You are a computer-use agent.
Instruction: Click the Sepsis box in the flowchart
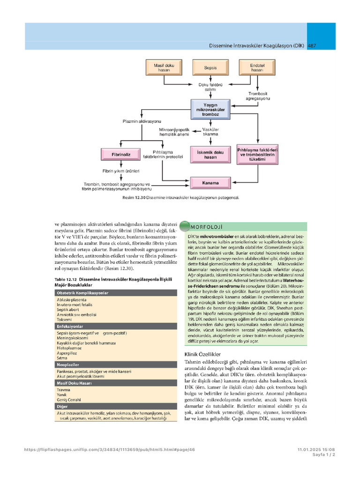tap(210, 67)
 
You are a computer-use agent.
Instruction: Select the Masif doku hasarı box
tap(164, 67)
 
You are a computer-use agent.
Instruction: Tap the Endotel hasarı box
tap(257, 67)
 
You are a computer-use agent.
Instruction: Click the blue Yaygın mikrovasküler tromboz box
tap(210, 110)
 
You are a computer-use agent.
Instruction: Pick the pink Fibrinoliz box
tap(121, 155)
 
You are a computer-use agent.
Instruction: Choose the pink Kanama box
tap(210, 183)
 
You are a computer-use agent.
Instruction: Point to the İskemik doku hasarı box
tap(210, 155)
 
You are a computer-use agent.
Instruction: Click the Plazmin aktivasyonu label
tap(142, 121)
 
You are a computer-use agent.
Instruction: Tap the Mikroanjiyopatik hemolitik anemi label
tap(174, 132)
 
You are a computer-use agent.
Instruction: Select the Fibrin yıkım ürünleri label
tap(121, 171)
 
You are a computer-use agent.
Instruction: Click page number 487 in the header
tap(312, 45)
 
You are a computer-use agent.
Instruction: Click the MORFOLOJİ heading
tap(207, 227)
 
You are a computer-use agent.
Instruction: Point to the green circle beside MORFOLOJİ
tap(185, 226)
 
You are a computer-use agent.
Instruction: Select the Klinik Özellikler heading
tap(202, 354)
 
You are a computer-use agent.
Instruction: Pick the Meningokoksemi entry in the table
tap(72, 338)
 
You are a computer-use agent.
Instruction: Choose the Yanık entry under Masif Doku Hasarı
tap(61, 395)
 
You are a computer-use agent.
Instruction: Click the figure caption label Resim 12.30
tap(134, 198)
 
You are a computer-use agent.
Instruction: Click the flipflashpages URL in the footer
tap(109, 450)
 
